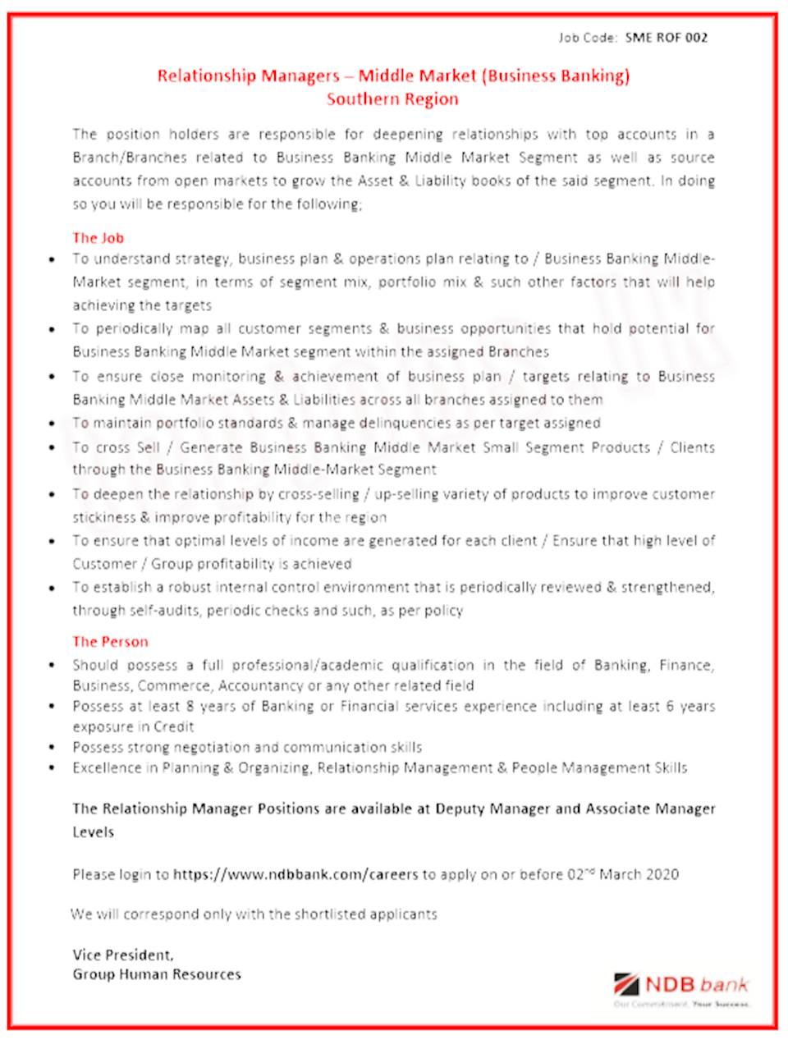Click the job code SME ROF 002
pos(666,37)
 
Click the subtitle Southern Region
pos(392,99)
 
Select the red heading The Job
pos(98,238)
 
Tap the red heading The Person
pos(110,642)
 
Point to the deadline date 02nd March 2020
pos(623,874)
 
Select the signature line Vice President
pos(123,955)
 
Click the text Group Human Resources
pos(157,974)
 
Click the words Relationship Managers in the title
pos(248,76)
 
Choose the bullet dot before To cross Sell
pos(52,448)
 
